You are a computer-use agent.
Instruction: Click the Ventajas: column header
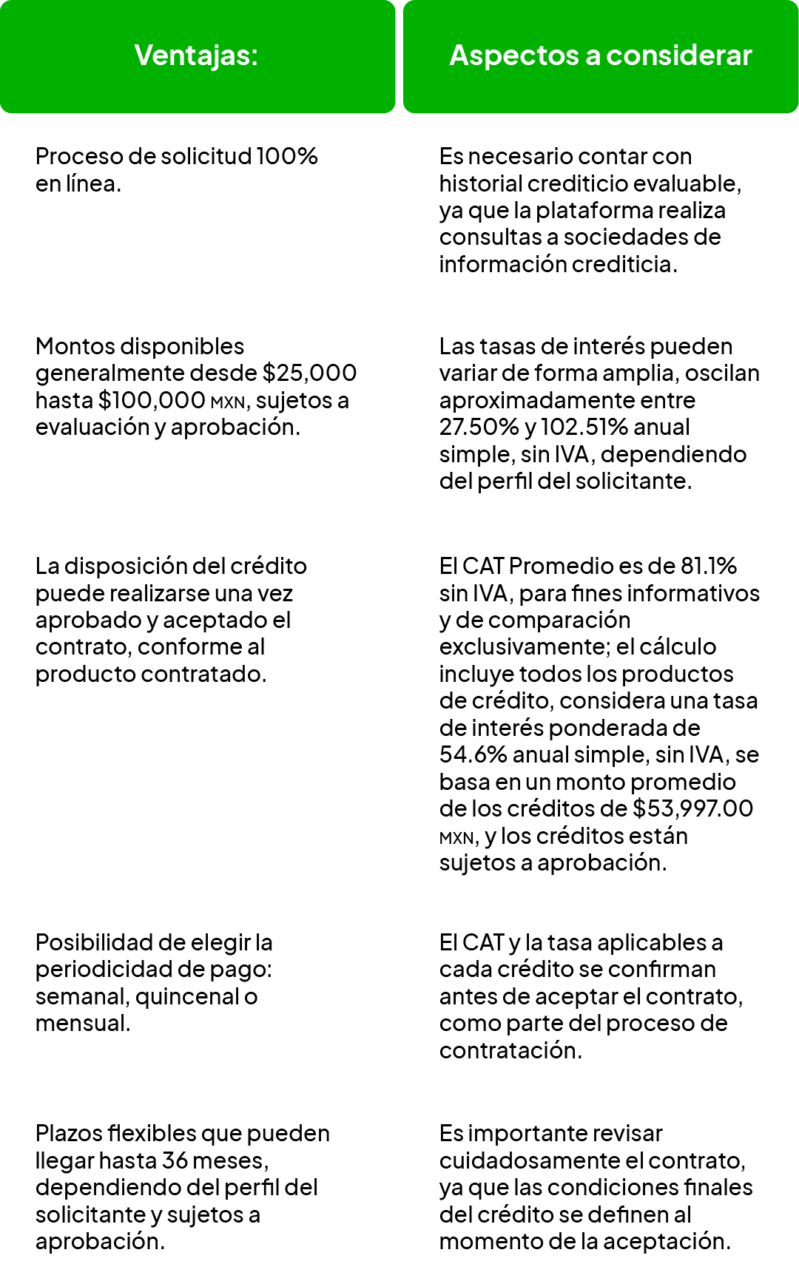tap(196, 55)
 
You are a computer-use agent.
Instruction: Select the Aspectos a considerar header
tap(600, 55)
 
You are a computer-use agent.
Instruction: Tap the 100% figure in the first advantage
tap(287, 157)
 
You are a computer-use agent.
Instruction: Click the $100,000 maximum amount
tap(151, 400)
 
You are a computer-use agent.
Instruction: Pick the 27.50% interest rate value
tap(479, 427)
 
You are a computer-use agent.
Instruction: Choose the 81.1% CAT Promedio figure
tap(708, 566)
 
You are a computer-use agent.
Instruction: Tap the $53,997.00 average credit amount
tap(692, 808)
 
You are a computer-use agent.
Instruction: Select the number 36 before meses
tap(176, 1160)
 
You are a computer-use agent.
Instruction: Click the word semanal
tap(82, 997)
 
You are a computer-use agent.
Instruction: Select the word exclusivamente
tap(524, 647)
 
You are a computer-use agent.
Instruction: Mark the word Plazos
tap(68, 1134)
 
